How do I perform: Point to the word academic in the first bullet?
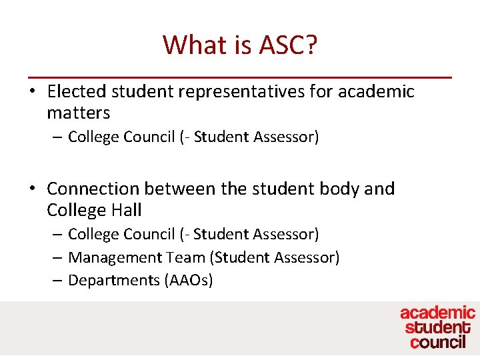pyautogui.click(x=376, y=91)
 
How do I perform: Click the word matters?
pyautogui.click(x=78, y=113)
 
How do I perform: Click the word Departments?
pyautogui.click(x=114, y=280)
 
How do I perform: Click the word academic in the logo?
pyautogui.click(x=437, y=313)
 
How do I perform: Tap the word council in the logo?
pyautogui.click(x=438, y=342)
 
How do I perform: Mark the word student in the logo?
pyautogui.click(x=437, y=327)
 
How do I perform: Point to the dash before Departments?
pyautogui.click(x=57, y=280)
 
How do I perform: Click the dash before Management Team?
pyautogui.click(x=57, y=257)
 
